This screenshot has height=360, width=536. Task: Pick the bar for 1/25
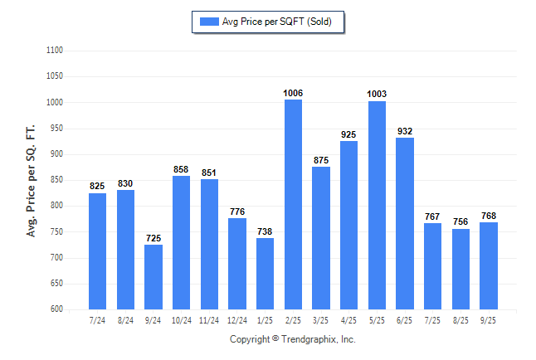[x=265, y=273]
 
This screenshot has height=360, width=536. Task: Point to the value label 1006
[x=293, y=93]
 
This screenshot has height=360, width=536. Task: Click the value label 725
[x=153, y=239]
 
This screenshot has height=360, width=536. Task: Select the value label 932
[x=405, y=131]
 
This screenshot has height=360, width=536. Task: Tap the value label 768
[x=489, y=216]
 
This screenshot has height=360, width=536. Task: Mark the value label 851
[x=209, y=173]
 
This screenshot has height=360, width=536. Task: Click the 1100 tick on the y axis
[x=55, y=51]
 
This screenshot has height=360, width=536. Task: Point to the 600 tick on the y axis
[x=56, y=309]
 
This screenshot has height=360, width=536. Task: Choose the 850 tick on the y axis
[x=56, y=180]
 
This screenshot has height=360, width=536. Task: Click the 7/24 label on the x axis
[x=97, y=319]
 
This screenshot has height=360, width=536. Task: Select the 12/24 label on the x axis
[x=236, y=319]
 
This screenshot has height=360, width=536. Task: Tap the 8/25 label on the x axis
[x=460, y=319]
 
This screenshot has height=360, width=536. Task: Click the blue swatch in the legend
[x=208, y=22]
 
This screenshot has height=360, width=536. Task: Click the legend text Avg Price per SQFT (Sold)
[x=276, y=22]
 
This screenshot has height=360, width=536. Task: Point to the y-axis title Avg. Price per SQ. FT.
[x=32, y=180]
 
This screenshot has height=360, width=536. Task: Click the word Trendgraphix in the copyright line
[x=309, y=339]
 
